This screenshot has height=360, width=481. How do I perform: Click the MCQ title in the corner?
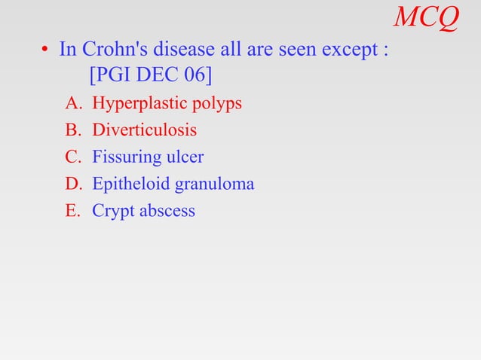[426, 17]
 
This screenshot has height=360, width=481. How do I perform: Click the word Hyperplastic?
[134, 104]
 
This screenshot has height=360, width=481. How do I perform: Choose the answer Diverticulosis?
[144, 130]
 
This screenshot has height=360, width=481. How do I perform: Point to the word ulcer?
[185, 157]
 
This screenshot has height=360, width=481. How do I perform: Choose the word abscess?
[165, 211]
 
